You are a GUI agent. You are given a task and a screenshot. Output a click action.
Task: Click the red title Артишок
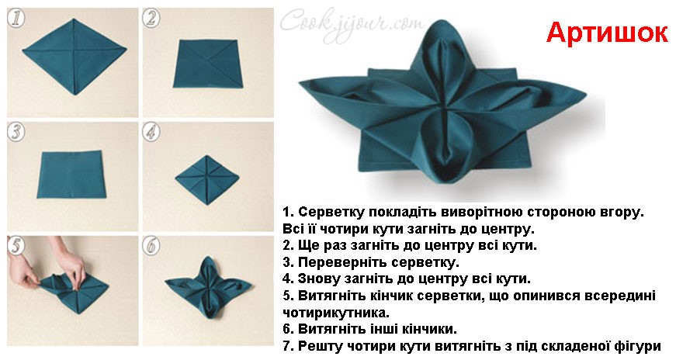(x=607, y=33)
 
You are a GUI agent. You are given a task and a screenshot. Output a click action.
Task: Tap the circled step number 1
(x=16, y=18)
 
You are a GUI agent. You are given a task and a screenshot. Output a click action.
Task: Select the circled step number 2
(x=151, y=19)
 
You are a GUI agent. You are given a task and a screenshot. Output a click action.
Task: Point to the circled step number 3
(x=16, y=132)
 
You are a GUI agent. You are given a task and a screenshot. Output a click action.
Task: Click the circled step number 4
(x=151, y=132)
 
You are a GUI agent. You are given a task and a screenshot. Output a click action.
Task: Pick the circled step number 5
(x=16, y=245)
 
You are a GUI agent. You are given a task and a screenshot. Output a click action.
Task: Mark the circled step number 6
(x=151, y=245)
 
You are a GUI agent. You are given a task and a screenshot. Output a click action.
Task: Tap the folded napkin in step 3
(x=71, y=174)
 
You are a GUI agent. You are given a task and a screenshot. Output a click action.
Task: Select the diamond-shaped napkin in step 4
(x=207, y=179)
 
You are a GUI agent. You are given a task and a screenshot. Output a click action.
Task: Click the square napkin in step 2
(x=207, y=64)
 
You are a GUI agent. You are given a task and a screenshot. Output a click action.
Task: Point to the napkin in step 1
(x=75, y=57)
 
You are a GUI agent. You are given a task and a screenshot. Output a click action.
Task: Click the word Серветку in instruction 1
(x=331, y=212)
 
